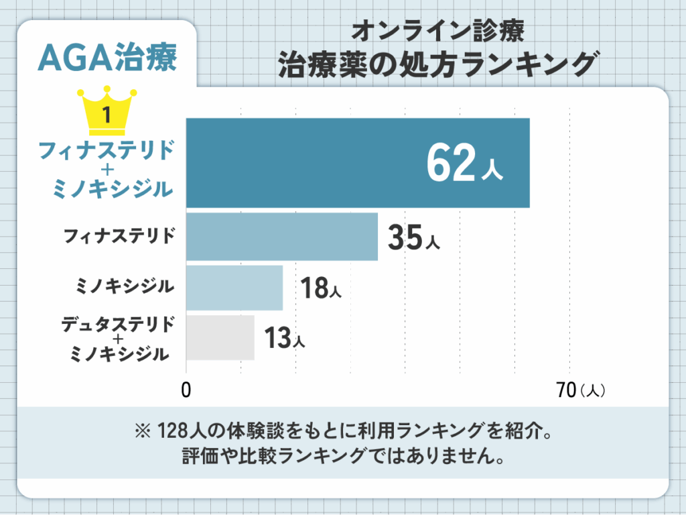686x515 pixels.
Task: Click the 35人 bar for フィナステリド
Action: [x=282, y=237]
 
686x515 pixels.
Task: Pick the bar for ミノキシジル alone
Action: [x=234, y=288]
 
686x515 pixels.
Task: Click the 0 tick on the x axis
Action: [x=186, y=390]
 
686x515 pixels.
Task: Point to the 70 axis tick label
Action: [x=566, y=390]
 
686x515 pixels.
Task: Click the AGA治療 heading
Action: [x=108, y=58]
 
